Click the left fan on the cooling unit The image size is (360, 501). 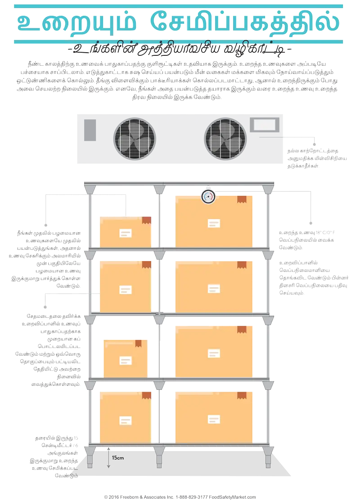coord(134,139)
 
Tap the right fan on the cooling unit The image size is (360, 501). coord(225,139)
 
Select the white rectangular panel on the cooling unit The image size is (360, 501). coord(263,125)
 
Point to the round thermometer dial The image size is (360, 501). coord(208,196)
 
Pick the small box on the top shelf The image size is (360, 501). coord(126,231)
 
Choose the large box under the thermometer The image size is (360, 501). coord(213,221)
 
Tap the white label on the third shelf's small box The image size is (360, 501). coord(126,361)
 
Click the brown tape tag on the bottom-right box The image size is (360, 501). coord(242,395)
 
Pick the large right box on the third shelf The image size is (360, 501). coord(213,351)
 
